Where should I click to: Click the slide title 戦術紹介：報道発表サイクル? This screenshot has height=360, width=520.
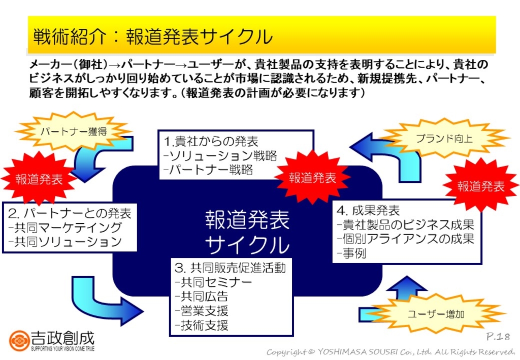point(153,37)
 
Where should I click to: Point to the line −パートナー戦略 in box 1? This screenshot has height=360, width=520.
point(209,170)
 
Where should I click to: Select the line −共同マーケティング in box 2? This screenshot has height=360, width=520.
point(66,227)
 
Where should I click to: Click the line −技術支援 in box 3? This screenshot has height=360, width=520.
point(201,325)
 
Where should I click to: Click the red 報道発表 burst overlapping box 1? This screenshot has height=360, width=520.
point(312,178)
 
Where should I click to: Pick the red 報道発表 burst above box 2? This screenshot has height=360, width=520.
point(39,179)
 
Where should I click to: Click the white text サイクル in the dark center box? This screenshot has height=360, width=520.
point(247,245)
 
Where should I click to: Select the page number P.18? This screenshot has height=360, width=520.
point(498,337)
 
